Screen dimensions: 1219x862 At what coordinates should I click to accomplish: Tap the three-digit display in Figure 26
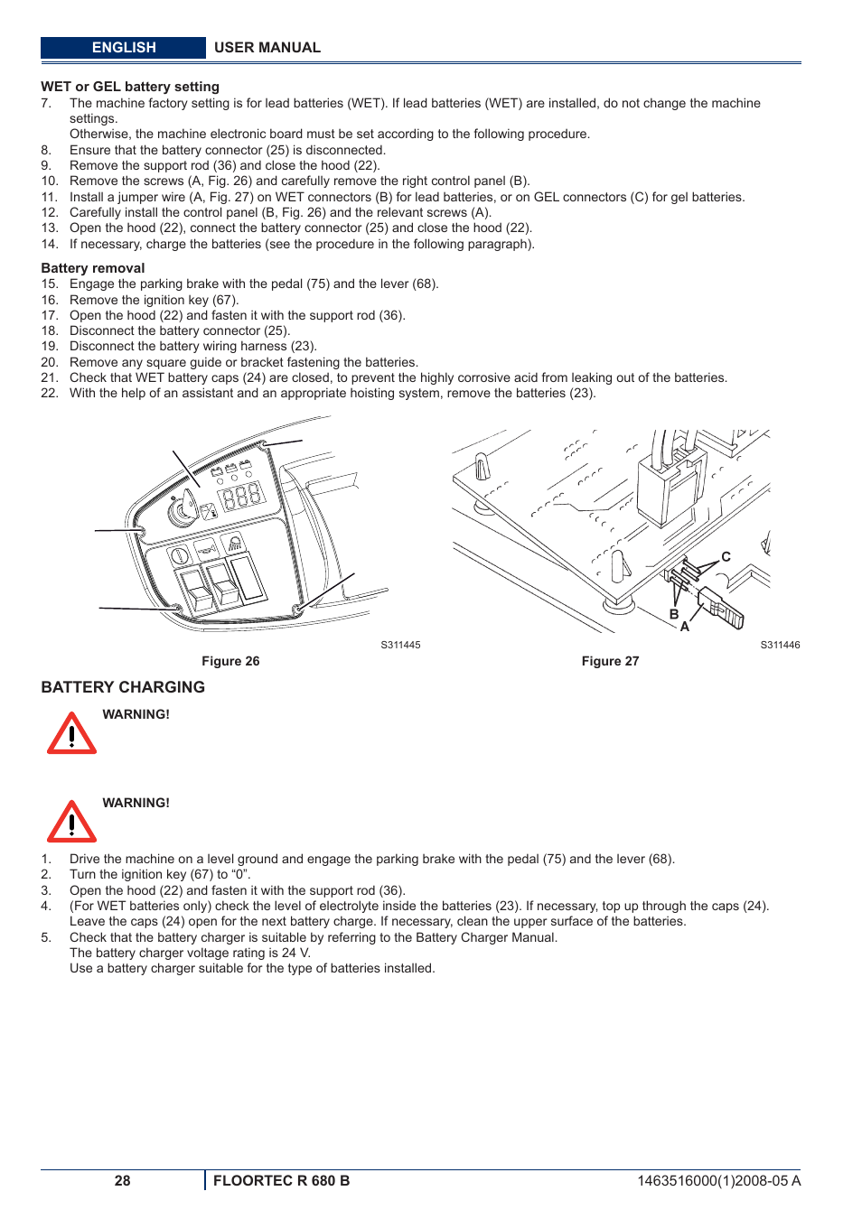[242, 495]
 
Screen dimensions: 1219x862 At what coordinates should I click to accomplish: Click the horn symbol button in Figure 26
[206, 549]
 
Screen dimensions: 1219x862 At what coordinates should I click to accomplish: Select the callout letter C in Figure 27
[726, 557]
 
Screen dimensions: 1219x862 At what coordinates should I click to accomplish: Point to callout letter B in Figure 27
[674, 614]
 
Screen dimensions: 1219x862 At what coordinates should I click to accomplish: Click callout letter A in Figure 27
[685, 627]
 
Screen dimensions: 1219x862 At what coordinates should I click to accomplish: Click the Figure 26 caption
[230, 661]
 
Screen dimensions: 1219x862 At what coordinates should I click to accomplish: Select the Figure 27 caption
[610, 661]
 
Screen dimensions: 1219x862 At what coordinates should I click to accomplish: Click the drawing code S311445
[400, 645]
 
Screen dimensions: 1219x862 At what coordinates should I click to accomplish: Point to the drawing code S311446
[780, 645]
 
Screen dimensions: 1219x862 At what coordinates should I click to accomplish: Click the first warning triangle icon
[71, 734]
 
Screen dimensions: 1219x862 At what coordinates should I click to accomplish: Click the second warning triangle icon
[71, 822]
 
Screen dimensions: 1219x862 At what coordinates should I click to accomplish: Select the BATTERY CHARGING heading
[123, 687]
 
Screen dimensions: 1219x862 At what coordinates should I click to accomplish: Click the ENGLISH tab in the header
[124, 48]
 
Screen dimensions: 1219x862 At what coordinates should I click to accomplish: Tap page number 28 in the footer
[123, 1180]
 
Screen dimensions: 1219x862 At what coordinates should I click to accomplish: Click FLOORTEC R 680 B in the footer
[281, 1180]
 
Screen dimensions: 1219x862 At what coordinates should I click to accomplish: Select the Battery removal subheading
[93, 268]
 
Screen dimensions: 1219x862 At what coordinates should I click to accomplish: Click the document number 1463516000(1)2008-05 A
[718, 1180]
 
